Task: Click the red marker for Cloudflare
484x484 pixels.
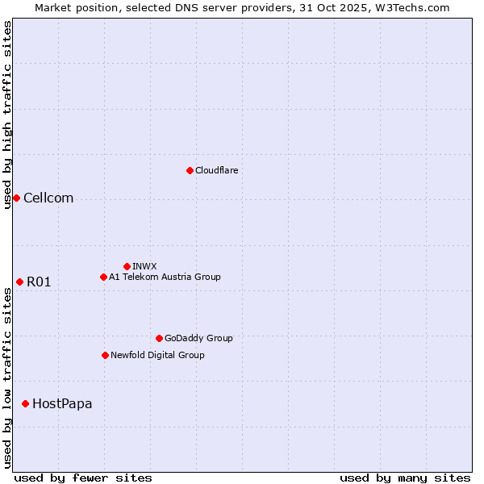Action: click(190, 170)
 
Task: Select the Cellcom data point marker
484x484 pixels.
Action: click(16, 198)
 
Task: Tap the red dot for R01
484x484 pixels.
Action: click(19, 282)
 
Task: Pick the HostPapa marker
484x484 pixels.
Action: click(26, 403)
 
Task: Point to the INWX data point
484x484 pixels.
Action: click(127, 266)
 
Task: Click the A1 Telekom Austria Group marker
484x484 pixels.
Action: click(103, 277)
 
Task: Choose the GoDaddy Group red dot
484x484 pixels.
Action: click(159, 338)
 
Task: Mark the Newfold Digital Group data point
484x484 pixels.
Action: click(105, 355)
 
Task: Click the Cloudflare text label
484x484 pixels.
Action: click(217, 170)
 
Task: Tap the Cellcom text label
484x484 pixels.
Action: click(48, 198)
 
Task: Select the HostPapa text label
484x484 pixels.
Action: click(62, 403)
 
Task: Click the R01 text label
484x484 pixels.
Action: click(39, 282)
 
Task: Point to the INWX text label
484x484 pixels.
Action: click(144, 266)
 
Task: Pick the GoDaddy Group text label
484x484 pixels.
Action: click(198, 338)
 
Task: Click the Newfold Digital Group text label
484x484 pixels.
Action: click(157, 355)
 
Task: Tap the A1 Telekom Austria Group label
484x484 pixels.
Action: click(165, 277)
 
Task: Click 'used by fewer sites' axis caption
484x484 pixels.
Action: click(83, 478)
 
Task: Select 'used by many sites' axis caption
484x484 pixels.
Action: click(405, 478)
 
